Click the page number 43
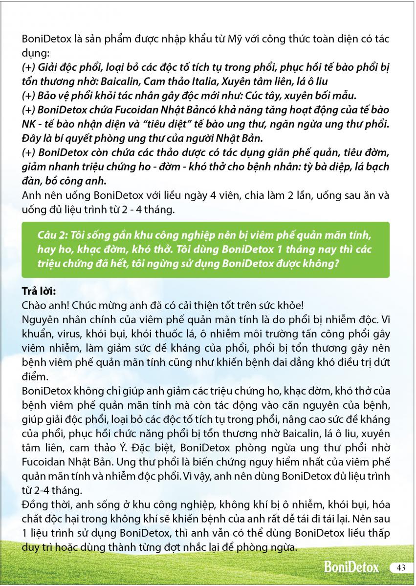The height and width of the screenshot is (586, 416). (x=402, y=567)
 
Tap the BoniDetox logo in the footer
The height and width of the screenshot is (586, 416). (x=351, y=567)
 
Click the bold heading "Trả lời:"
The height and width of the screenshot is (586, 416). (x=40, y=291)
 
